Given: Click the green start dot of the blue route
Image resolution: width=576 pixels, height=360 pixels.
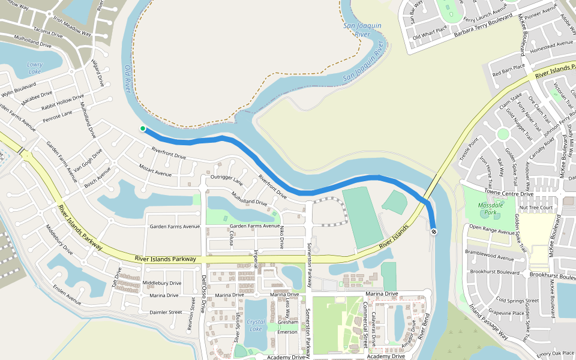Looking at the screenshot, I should [143, 128].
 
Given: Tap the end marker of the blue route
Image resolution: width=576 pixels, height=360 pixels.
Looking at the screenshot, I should [433, 232].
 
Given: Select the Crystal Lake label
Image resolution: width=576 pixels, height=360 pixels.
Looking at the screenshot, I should [256, 325].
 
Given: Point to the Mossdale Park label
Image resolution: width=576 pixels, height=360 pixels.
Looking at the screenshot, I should [490, 209].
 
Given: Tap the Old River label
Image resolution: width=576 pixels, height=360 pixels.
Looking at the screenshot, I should [127, 79].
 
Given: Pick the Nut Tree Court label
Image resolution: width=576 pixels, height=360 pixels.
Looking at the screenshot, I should [536, 208].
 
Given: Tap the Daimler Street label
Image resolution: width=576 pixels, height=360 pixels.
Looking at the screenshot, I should [166, 312].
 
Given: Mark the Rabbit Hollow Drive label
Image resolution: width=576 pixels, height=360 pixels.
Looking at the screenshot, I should [63, 102].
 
